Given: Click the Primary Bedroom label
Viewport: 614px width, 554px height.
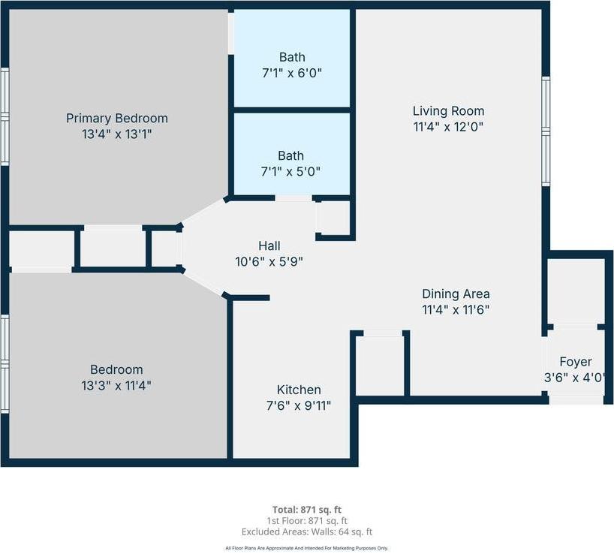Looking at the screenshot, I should click(116, 118).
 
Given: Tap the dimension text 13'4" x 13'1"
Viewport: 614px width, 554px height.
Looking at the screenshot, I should click(116, 134).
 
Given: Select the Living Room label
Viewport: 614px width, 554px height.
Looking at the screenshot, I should click(448, 111).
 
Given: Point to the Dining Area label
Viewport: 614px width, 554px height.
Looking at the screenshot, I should click(456, 294).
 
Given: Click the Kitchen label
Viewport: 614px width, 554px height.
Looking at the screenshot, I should click(299, 390).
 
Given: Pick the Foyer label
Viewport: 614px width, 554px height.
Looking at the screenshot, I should click(576, 362).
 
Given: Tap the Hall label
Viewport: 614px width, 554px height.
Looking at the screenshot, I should click(269, 245).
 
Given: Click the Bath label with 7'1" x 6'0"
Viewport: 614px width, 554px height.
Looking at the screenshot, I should click(292, 57).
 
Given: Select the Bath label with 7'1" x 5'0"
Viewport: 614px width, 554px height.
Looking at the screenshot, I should click(291, 155).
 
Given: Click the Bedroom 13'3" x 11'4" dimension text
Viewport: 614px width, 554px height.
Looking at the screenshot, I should click(116, 386).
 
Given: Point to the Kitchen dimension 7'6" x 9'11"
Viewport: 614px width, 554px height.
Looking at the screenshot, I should click(299, 405).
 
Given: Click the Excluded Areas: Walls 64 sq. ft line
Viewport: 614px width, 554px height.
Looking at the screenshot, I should click(307, 531).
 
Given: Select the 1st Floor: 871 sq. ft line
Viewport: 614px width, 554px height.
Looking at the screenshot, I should click(307, 520).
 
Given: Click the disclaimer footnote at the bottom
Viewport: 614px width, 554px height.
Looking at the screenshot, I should click(307, 548).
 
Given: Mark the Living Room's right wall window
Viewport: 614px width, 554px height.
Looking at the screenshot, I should click(546, 131).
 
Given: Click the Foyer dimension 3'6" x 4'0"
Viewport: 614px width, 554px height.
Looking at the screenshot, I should click(576, 378).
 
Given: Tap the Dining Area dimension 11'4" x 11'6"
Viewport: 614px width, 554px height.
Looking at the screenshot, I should click(456, 309).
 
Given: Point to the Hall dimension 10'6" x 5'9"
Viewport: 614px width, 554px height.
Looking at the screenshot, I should click(269, 261).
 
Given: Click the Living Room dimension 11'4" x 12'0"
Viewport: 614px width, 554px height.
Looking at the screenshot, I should click(448, 127).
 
